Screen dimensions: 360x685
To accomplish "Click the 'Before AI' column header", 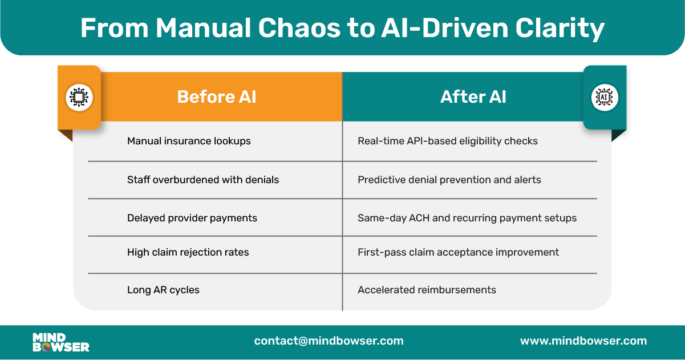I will pyautogui.click(x=216, y=96).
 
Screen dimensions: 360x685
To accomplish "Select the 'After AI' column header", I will pyautogui.click(x=473, y=96).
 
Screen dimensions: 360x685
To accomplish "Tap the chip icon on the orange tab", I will pyautogui.click(x=79, y=97).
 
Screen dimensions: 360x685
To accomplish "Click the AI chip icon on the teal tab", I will pyautogui.click(x=605, y=97).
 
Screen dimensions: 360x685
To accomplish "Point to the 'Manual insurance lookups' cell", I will pyautogui.click(x=189, y=141).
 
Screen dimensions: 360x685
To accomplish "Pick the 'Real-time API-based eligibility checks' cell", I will pyautogui.click(x=447, y=141).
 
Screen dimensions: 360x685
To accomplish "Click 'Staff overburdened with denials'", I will pyautogui.click(x=202, y=180).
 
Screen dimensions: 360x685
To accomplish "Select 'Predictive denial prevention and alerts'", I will pyautogui.click(x=449, y=180).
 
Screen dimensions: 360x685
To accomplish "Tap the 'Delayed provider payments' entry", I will pyautogui.click(x=192, y=218).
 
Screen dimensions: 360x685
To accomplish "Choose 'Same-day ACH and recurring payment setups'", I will pyautogui.click(x=467, y=218).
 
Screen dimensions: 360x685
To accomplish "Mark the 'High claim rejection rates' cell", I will pyautogui.click(x=188, y=252).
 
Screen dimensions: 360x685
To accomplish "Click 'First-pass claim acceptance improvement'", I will pyautogui.click(x=458, y=252).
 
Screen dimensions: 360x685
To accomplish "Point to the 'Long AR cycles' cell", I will pyautogui.click(x=163, y=290).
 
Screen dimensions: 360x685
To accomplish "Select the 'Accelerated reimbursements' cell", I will pyautogui.click(x=427, y=290).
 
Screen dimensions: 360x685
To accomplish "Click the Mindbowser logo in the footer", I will pyautogui.click(x=61, y=342).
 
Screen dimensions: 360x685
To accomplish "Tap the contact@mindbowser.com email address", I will pyautogui.click(x=329, y=341).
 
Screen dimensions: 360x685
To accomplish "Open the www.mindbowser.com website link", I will pyautogui.click(x=583, y=341).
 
